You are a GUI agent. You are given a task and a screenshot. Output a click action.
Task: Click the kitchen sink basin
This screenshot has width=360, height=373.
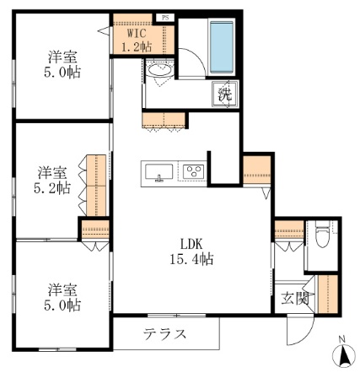click(x=159, y=172)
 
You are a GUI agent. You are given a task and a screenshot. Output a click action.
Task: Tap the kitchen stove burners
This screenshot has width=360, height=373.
click(x=193, y=172)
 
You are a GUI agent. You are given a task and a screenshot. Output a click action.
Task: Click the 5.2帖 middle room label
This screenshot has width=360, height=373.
click(x=50, y=181)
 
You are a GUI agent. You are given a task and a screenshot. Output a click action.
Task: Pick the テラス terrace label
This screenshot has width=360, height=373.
click(x=164, y=332)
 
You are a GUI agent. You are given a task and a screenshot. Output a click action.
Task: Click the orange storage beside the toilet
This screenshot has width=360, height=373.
click(x=288, y=227)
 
